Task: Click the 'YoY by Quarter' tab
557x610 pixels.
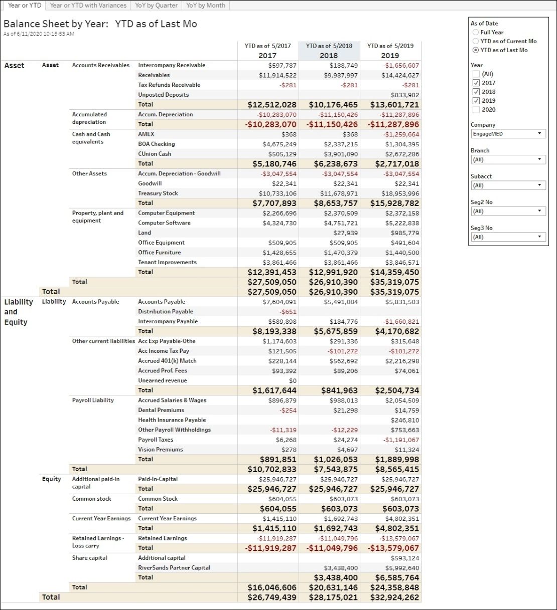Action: pos(156,5)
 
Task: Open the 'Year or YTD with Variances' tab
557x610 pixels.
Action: pos(88,5)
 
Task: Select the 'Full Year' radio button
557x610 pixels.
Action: pos(475,32)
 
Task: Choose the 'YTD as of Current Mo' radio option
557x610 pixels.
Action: pos(475,41)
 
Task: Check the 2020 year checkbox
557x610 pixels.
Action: pos(476,109)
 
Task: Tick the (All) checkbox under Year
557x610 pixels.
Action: pos(476,74)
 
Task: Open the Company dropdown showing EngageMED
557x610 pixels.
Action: pos(508,133)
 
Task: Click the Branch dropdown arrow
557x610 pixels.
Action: pos(539,159)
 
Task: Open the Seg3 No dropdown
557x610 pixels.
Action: pos(508,237)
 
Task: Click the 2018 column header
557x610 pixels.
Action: pos(329,55)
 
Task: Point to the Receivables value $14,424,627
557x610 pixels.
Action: pos(400,75)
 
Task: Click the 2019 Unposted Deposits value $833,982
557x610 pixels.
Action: pos(405,95)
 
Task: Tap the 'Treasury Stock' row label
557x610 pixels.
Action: pos(158,193)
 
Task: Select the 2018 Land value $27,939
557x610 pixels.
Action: pos(345,233)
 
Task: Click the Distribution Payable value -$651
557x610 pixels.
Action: pos(288,312)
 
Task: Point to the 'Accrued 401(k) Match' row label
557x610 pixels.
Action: pos(167,361)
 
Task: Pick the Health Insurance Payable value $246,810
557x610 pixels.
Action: pos(405,420)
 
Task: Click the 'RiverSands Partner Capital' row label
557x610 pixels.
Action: pos(174,567)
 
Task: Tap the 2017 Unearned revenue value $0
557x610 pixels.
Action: pos(293,381)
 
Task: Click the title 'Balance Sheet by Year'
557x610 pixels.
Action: pos(56,24)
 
